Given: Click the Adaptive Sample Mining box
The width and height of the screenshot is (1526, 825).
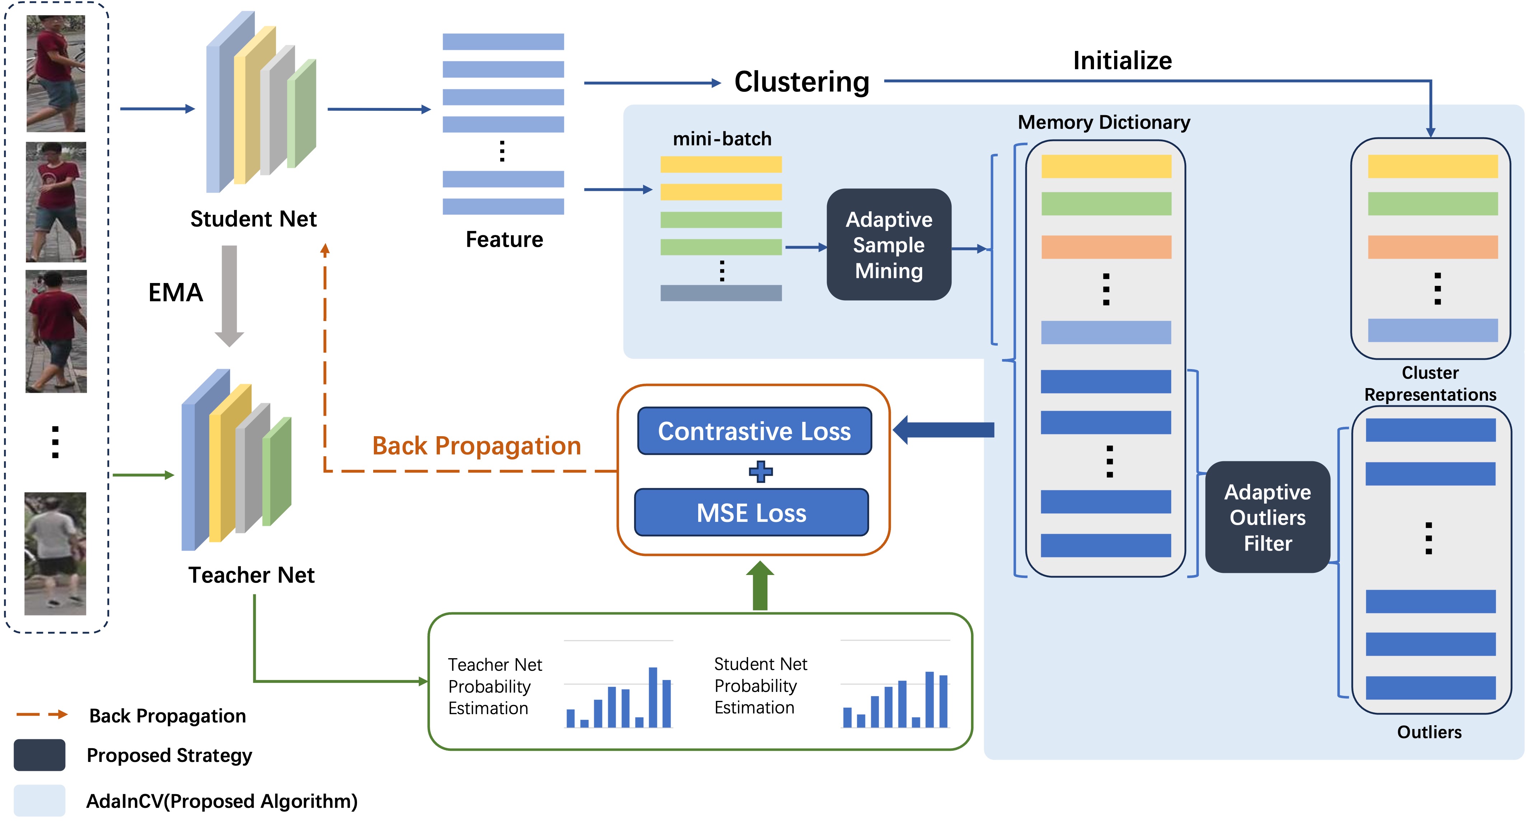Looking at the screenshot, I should [889, 245].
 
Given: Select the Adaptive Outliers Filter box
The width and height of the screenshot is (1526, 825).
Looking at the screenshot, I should [1267, 517].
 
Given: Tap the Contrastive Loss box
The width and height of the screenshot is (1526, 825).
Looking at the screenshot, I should [754, 431].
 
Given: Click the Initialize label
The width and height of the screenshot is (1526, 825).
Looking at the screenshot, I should [1122, 60].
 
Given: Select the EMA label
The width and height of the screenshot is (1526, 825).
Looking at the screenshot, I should [175, 293].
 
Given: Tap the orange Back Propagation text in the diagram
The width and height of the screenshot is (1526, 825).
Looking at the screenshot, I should [476, 445].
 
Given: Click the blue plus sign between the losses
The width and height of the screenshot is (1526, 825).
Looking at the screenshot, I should [761, 471].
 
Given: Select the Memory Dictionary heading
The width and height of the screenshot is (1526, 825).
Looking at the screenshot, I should [1104, 122].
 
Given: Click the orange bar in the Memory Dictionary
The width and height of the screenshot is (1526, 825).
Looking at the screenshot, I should [1106, 247].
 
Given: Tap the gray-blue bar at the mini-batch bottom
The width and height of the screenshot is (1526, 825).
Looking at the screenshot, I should [721, 293].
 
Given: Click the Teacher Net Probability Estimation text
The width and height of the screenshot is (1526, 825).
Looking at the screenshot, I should [495, 687].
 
